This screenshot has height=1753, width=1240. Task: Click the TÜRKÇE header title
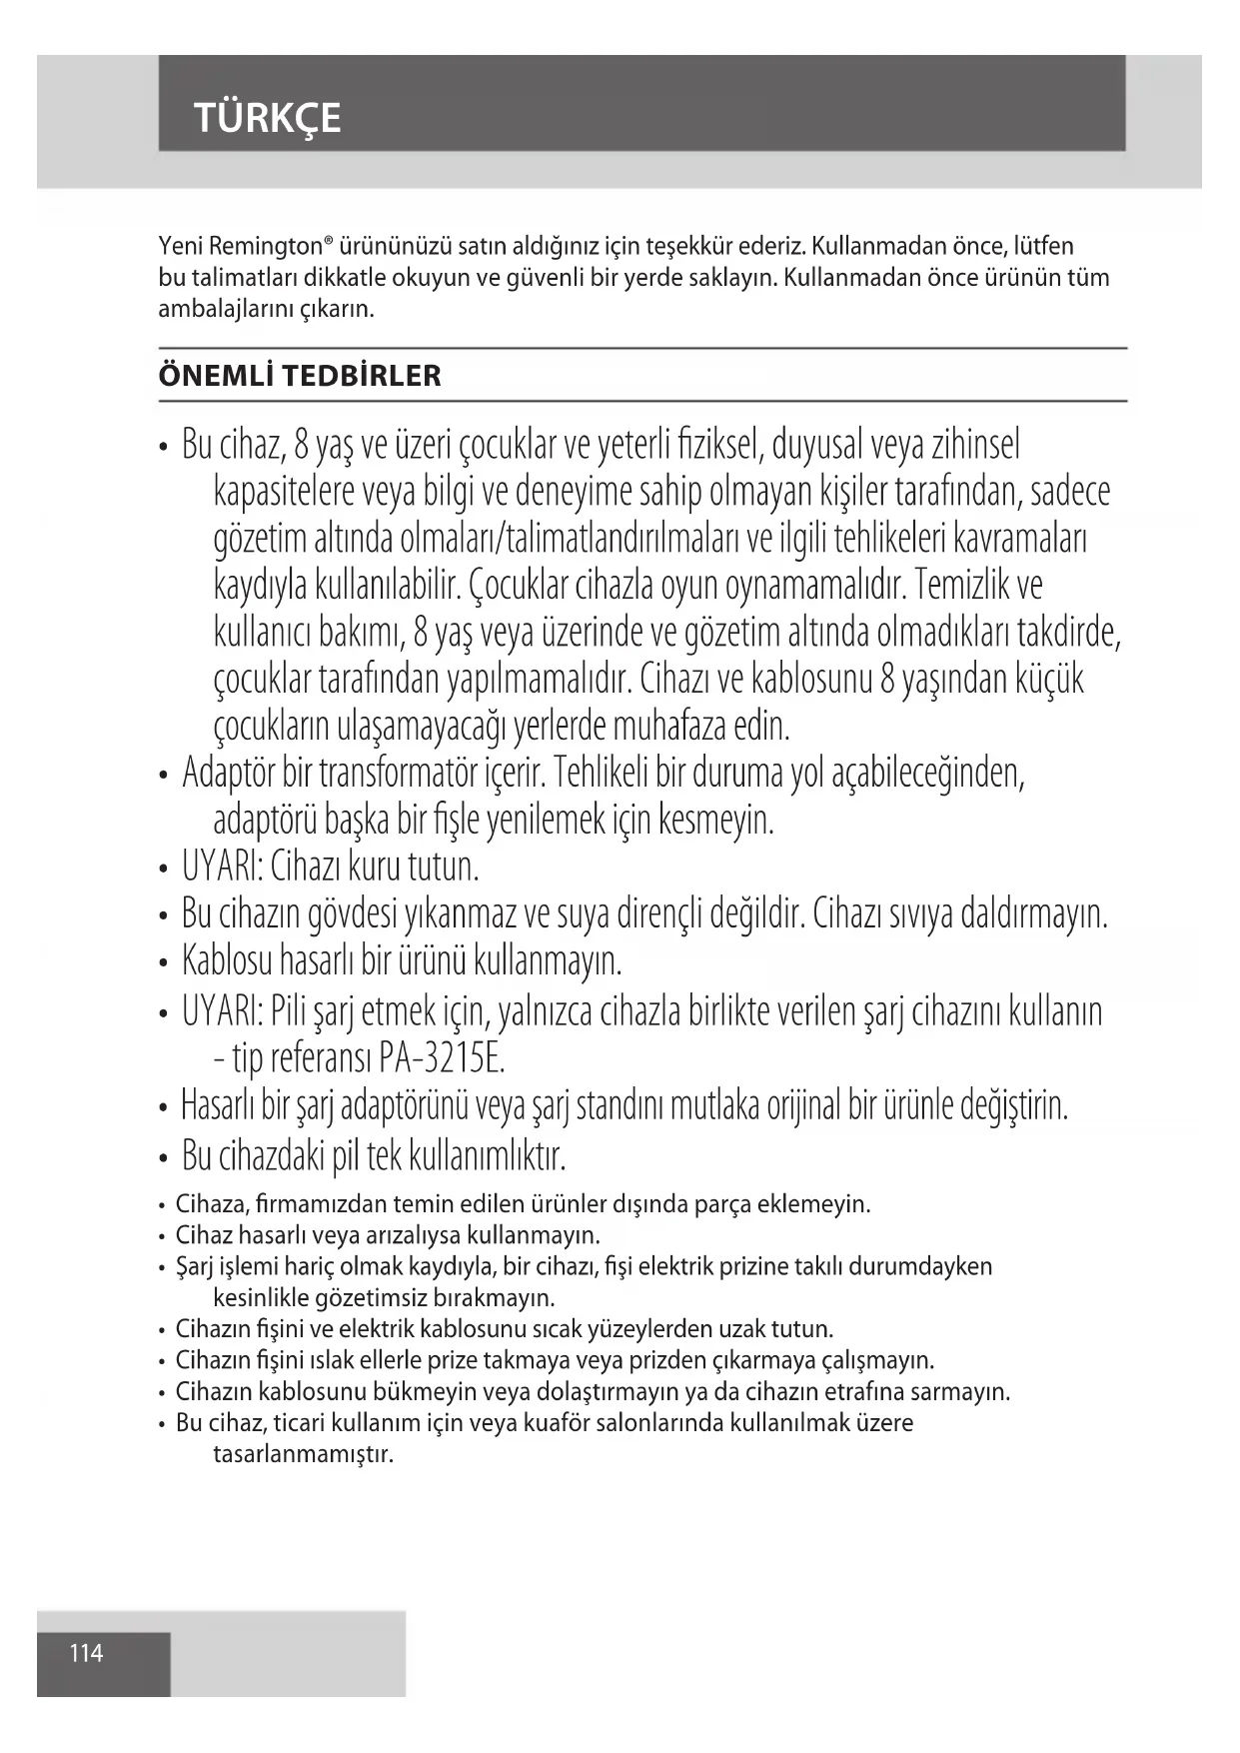[x=268, y=118]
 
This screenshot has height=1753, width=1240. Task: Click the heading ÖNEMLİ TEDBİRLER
[x=300, y=376]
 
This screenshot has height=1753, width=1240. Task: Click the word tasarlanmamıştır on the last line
[x=303, y=1453]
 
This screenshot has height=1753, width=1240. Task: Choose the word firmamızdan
[x=322, y=1204]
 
